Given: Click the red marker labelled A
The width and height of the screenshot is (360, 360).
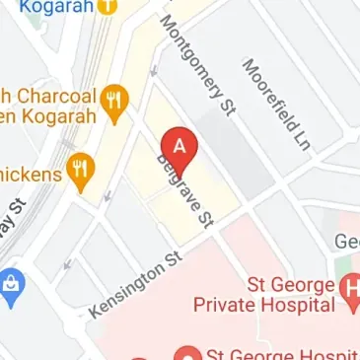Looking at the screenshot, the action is click(179, 151).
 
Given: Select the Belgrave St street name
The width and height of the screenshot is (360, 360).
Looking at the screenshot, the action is click(184, 192).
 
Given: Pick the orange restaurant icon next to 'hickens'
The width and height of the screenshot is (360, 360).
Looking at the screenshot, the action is click(80, 170).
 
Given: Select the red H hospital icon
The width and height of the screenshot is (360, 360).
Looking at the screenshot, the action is click(350, 288).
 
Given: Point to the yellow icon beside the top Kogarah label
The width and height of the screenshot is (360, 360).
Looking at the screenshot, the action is click(108, 6).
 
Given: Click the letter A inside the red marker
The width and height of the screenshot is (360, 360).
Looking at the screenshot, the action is click(179, 145).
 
